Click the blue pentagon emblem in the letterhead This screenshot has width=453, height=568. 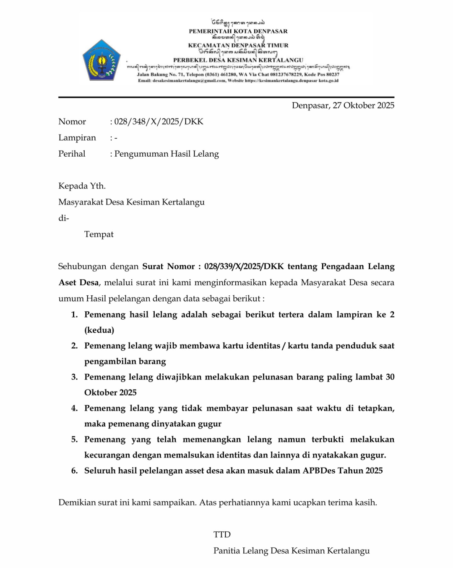[102, 60]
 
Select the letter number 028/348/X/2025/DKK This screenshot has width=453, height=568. [159, 122]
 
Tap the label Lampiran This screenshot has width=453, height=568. [77, 138]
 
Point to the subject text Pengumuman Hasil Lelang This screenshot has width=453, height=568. [167, 154]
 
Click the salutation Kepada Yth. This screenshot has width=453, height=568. [82, 186]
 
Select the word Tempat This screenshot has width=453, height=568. [99, 234]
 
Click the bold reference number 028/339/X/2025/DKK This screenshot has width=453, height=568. [244, 266]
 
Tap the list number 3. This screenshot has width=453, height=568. [74, 377]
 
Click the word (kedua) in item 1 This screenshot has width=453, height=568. [99, 330]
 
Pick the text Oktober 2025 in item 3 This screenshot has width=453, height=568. [110, 392]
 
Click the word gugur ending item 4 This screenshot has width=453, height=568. [209, 423]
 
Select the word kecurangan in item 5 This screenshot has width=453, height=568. [107, 455]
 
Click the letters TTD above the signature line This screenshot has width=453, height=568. [222, 534]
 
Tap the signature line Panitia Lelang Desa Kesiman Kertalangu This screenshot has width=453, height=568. [291, 551]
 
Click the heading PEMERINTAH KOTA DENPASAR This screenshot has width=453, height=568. [238, 31]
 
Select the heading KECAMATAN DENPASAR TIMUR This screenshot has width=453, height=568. [238, 45]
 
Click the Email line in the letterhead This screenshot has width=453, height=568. [238, 81]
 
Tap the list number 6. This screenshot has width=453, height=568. [74, 471]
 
